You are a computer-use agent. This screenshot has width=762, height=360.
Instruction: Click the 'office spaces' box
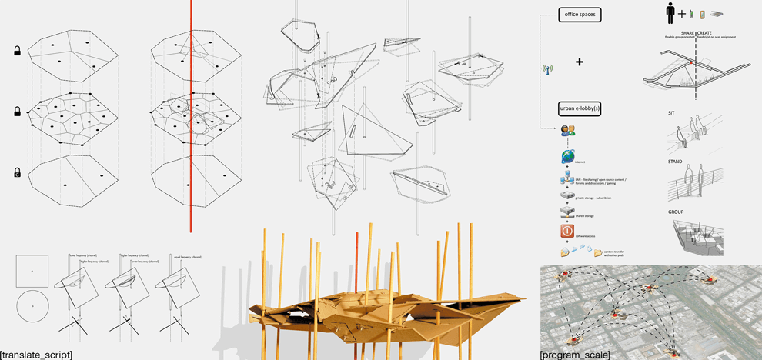click(x=580, y=15)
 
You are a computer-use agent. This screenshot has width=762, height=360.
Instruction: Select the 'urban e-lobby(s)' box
click(x=580, y=109)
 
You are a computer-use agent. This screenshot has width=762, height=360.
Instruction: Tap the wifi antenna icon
click(x=548, y=70)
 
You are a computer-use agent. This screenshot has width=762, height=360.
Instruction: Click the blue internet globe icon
click(x=567, y=157)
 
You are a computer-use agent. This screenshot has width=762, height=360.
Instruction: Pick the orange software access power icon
click(x=567, y=231)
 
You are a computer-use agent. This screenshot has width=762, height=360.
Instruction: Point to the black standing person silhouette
click(x=670, y=14)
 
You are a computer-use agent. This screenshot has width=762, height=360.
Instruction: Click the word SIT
click(x=672, y=113)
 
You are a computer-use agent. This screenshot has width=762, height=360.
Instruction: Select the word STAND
click(x=676, y=162)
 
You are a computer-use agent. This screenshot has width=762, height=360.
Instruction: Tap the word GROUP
click(x=677, y=211)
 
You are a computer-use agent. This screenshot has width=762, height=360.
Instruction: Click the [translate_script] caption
click(x=36, y=354)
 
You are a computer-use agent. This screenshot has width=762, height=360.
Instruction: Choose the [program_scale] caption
click(x=575, y=355)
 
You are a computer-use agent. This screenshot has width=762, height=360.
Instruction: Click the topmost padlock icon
click(x=17, y=52)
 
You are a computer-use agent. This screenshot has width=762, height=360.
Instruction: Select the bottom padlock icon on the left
click(x=17, y=173)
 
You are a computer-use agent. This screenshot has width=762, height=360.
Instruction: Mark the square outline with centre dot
click(x=32, y=272)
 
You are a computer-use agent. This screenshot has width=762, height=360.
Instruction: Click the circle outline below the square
click(x=32, y=307)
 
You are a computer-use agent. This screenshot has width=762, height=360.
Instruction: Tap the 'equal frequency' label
click(x=186, y=257)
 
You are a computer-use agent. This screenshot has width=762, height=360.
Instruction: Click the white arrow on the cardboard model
click(x=297, y=314)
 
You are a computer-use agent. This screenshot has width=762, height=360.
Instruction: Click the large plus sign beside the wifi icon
click(x=579, y=62)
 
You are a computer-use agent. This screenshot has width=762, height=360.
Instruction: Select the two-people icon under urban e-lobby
click(x=568, y=131)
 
